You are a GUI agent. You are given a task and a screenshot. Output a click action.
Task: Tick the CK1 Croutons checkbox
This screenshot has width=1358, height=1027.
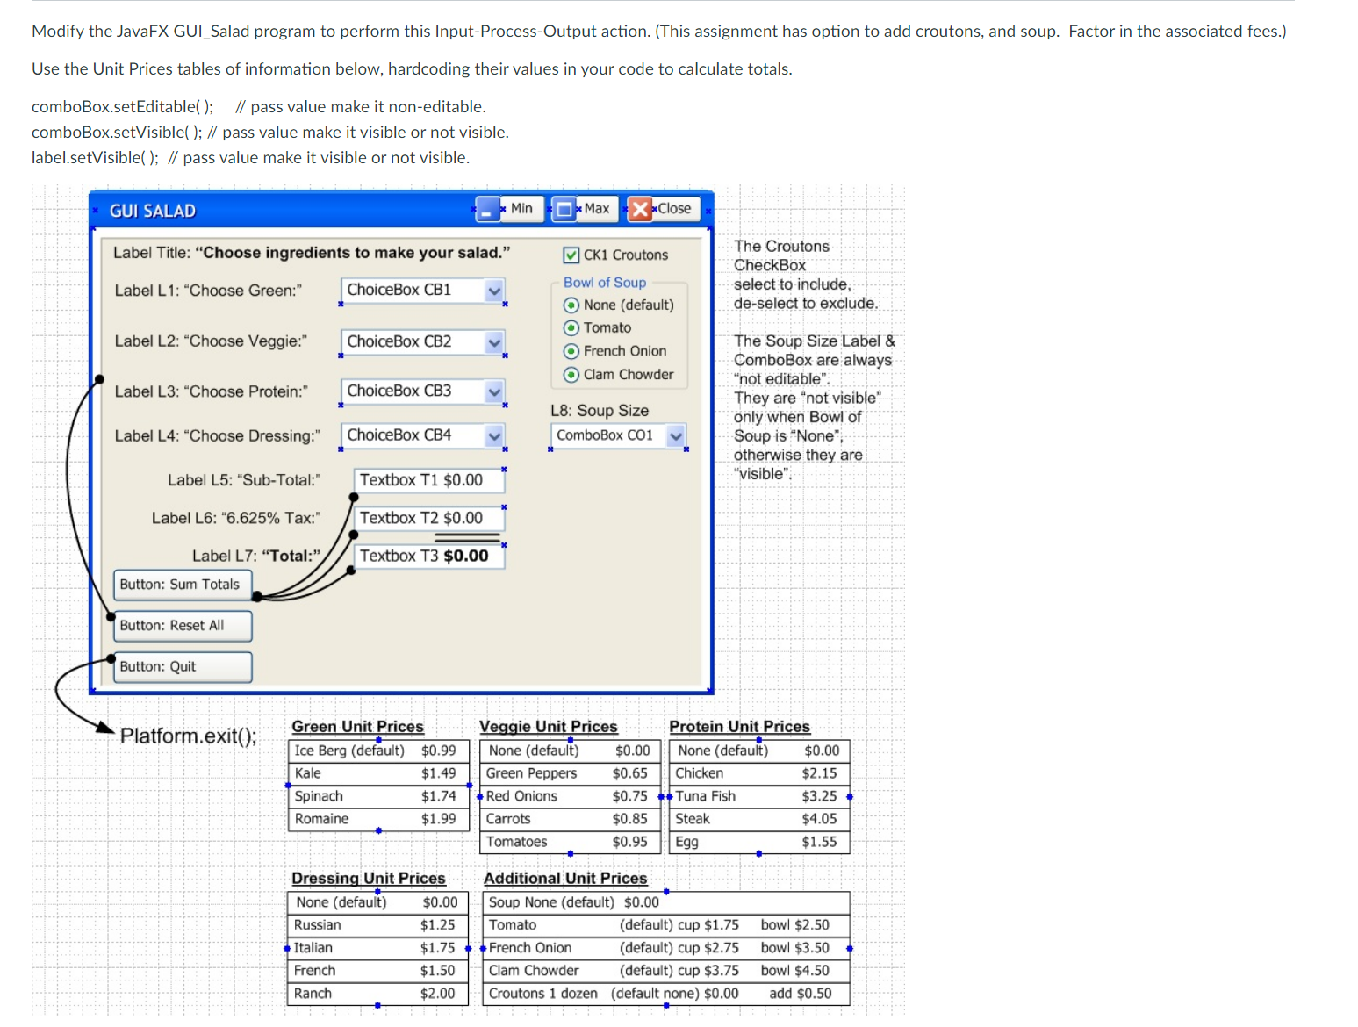tap(571, 255)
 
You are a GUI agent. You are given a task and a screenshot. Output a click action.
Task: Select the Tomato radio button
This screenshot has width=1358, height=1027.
tap(571, 328)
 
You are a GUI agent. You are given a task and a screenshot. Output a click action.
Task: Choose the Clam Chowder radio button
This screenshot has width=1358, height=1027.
tap(571, 375)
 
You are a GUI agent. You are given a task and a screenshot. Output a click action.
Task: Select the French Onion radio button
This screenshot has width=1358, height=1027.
tap(571, 352)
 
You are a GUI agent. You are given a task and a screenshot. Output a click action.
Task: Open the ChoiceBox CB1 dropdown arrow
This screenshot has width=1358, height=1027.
tap(494, 291)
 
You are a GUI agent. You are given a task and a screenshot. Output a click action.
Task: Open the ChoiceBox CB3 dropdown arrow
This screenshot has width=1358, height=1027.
tap(494, 391)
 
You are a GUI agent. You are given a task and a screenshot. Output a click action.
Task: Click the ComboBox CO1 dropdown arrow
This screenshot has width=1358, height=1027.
tap(675, 435)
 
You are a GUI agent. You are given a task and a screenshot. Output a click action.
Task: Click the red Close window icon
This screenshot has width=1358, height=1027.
tap(640, 209)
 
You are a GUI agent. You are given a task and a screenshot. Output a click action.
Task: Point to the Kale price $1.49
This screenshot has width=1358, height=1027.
tap(438, 773)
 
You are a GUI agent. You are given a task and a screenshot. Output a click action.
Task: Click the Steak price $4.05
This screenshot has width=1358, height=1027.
tap(819, 819)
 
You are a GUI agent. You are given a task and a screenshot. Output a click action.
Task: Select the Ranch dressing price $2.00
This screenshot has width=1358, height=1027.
tap(437, 994)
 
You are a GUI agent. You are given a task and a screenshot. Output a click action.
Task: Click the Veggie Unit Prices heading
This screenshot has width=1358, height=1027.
tap(548, 727)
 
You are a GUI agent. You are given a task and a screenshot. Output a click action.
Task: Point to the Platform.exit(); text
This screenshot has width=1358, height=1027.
tap(188, 736)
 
